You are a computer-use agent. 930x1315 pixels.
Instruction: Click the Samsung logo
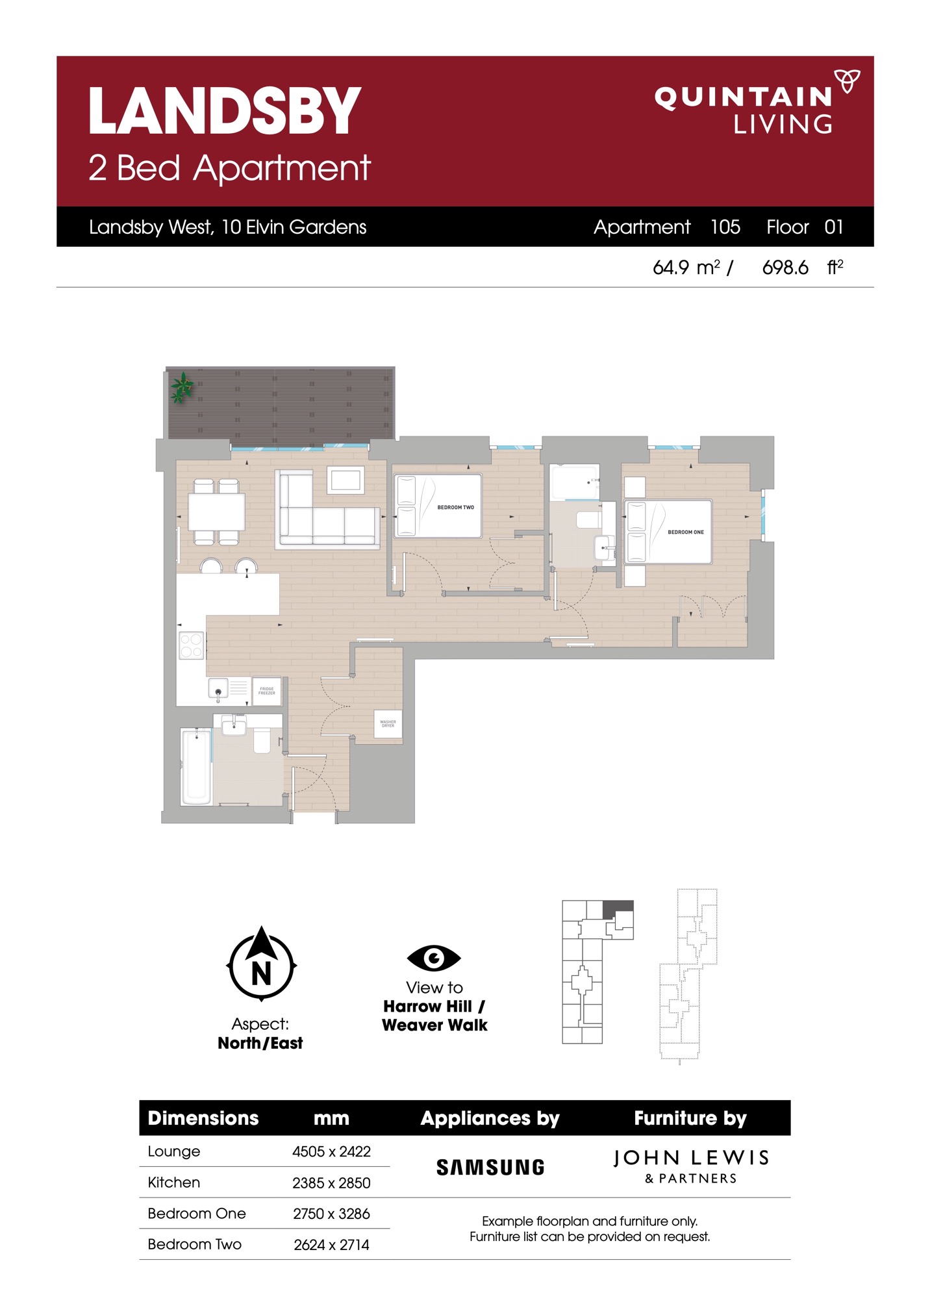click(x=490, y=1167)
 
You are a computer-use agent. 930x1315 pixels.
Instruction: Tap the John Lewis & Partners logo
click(x=691, y=1166)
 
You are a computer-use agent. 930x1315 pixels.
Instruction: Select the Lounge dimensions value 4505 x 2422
click(x=331, y=1151)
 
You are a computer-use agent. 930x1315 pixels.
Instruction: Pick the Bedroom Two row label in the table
click(x=195, y=1244)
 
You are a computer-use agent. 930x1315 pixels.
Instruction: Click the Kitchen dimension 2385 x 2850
click(x=331, y=1183)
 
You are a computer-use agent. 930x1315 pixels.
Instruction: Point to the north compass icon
click(x=261, y=964)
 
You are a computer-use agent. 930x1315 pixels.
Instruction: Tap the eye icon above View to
click(x=434, y=957)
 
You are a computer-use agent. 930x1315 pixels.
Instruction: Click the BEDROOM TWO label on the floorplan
click(x=455, y=507)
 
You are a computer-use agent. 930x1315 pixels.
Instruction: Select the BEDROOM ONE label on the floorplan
click(x=686, y=532)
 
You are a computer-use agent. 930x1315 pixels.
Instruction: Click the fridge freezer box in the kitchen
click(x=266, y=691)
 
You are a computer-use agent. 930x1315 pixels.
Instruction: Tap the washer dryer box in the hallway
click(x=388, y=723)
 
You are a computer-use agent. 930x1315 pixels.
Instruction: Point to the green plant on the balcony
click(x=182, y=387)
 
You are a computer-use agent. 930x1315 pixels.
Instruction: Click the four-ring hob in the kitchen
click(x=192, y=645)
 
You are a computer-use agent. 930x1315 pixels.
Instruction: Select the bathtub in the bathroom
click(x=195, y=766)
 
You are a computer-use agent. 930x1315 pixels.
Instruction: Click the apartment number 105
click(x=725, y=227)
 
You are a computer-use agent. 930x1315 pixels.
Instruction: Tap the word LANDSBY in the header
click(x=225, y=111)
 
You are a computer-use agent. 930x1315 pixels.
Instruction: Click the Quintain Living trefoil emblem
click(x=847, y=81)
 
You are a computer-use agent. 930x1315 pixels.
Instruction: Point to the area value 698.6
click(x=785, y=268)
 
